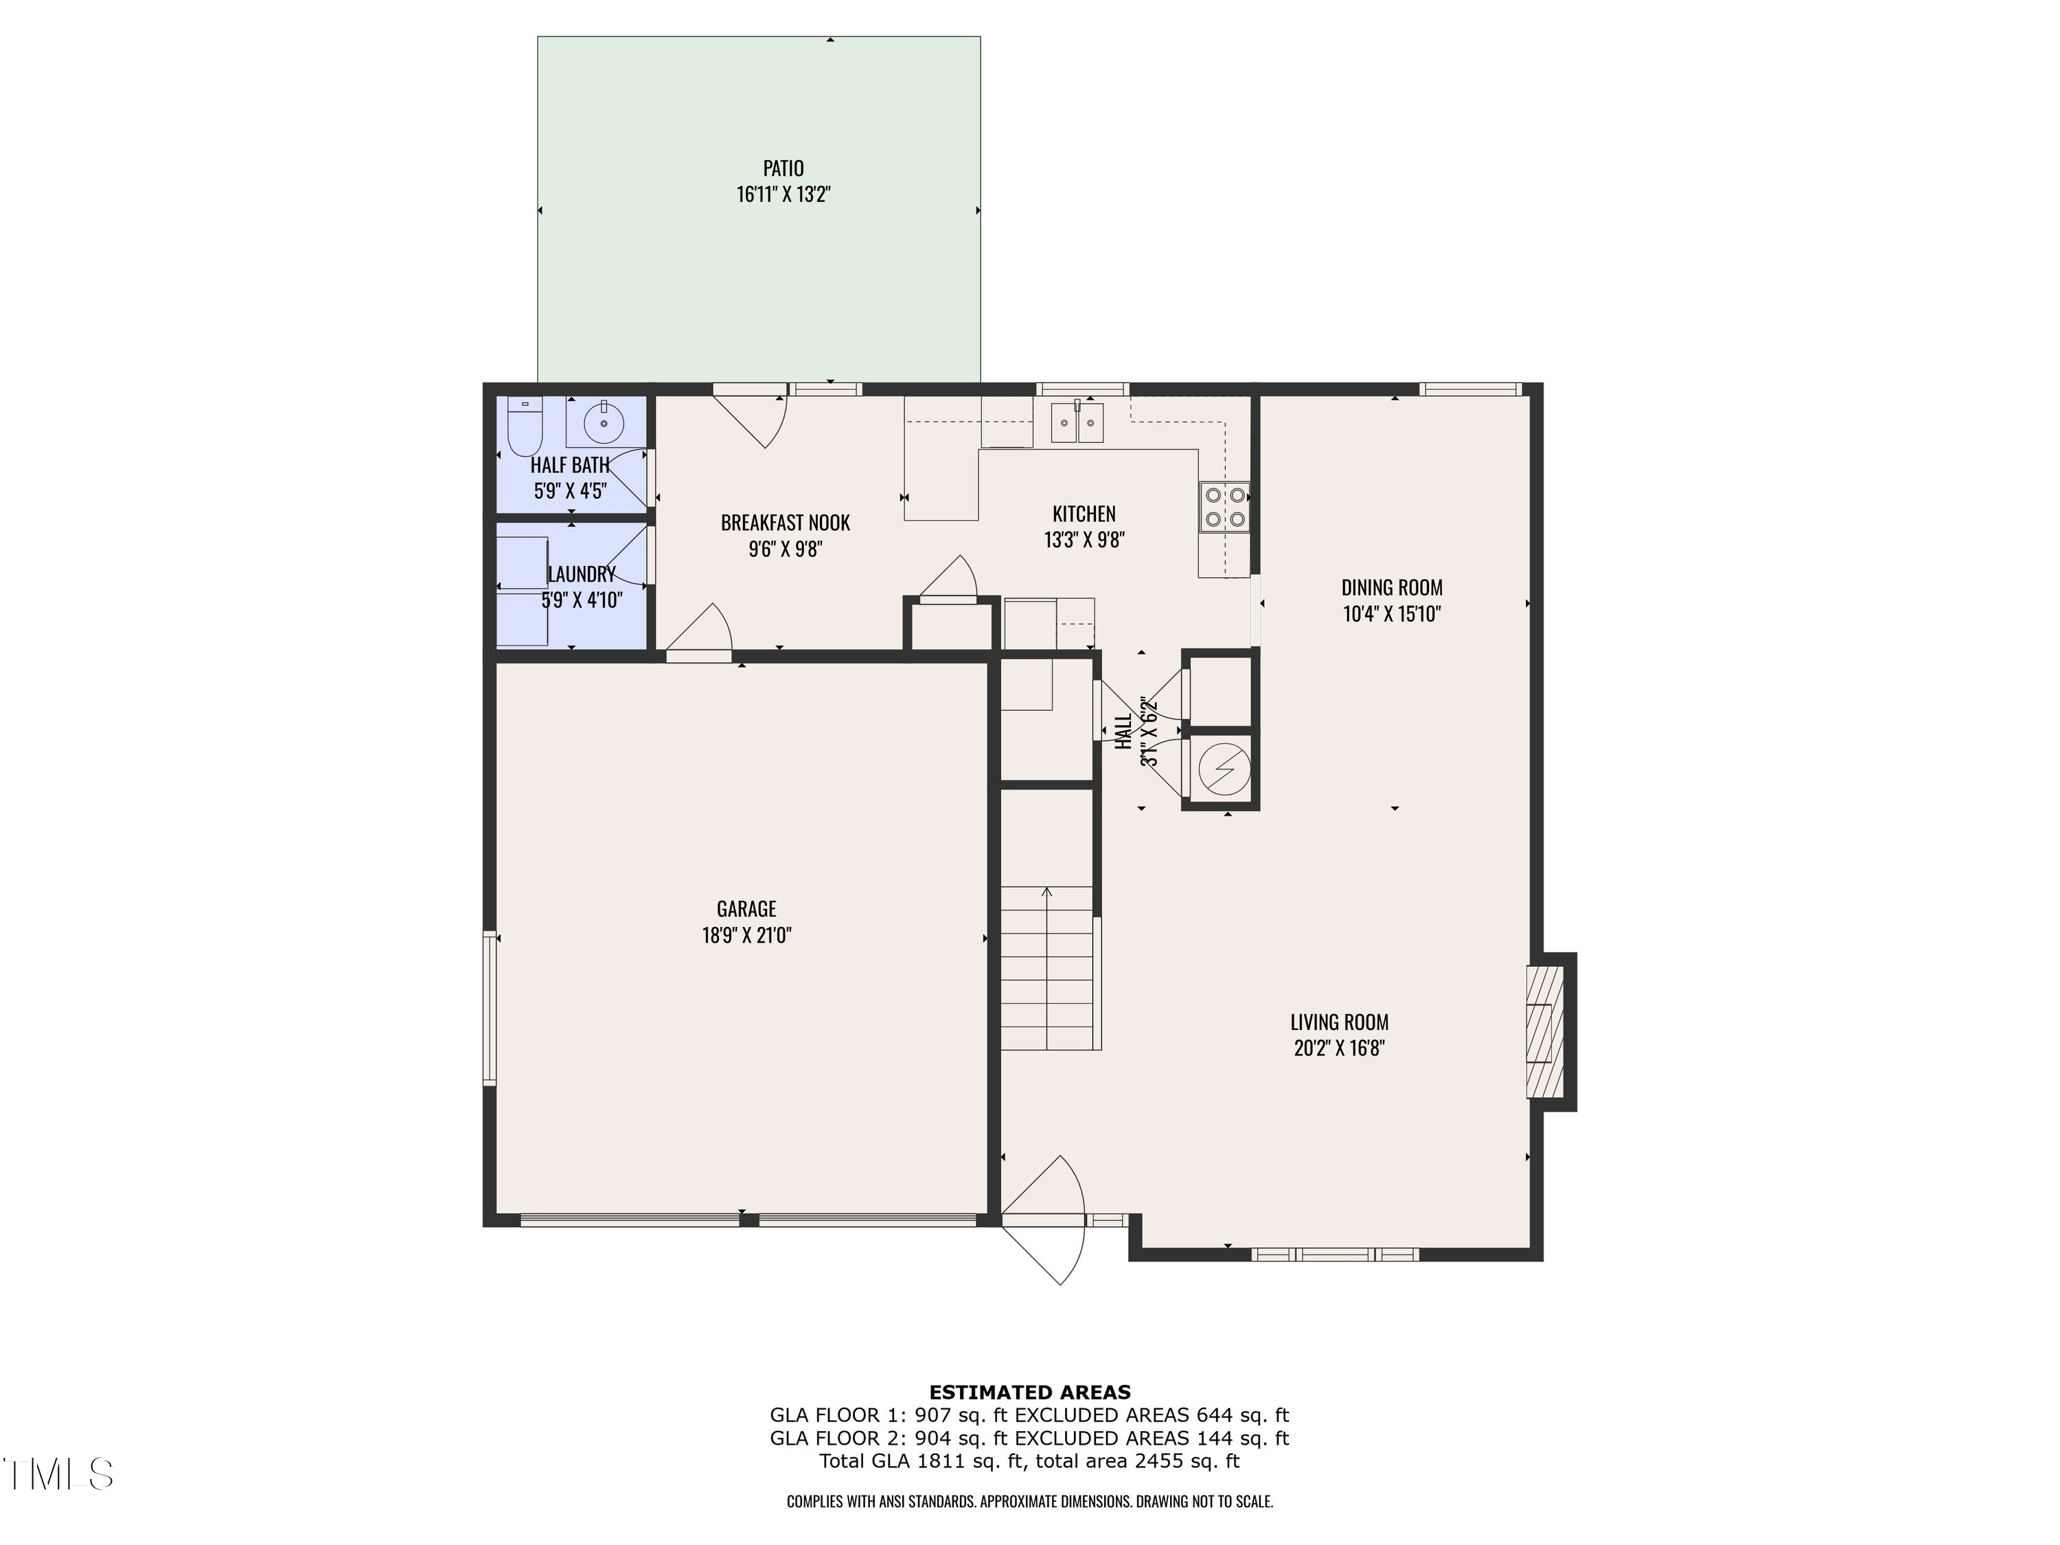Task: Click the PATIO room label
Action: coord(783,168)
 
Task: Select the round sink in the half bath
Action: coord(604,424)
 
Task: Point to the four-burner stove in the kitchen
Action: coord(1224,507)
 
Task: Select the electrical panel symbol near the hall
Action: coord(1222,768)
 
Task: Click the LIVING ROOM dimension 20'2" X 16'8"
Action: coord(1339,1048)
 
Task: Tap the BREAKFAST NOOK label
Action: coord(785,523)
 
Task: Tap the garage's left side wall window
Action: coord(489,1009)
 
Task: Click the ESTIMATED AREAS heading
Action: coord(1029,1393)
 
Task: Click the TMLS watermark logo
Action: coord(58,1474)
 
